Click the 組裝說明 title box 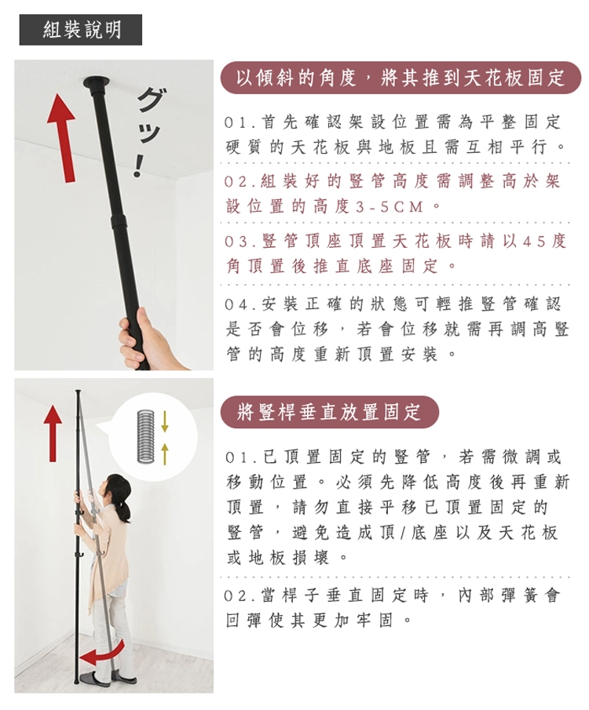click(80, 30)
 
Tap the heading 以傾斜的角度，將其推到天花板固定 click(401, 78)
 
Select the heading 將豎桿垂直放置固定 click(330, 412)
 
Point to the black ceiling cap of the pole click(96, 84)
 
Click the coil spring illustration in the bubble click(145, 436)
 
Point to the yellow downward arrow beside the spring click(165, 421)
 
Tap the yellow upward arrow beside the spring click(165, 453)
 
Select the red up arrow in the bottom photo click(53, 433)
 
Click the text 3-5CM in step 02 click(390, 207)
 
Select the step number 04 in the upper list click(236, 304)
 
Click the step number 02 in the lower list click(236, 595)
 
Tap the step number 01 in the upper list click(236, 122)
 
